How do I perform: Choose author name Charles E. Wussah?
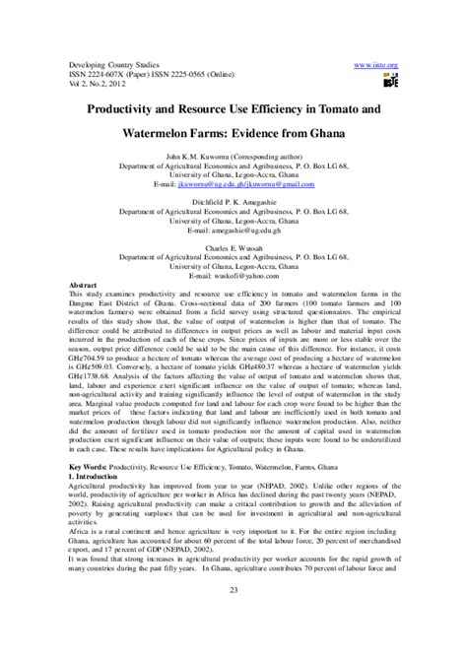233,248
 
